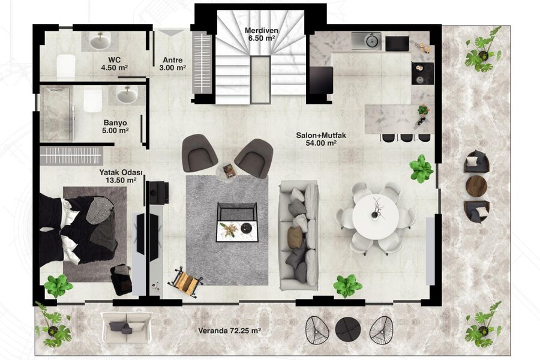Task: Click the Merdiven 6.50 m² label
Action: pos(262,34)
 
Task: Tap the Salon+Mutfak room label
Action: pos(321,139)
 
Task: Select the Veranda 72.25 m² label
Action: pos(229,331)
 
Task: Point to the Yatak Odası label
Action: pos(121,176)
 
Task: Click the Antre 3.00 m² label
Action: pos(173,64)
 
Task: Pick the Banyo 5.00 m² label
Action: pos(115,127)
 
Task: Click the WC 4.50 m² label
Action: pos(114,64)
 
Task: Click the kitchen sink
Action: pos(367,41)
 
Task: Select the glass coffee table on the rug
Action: pos(237,223)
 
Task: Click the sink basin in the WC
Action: pos(100,41)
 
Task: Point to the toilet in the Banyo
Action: pos(92,100)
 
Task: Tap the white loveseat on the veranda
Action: pos(127,328)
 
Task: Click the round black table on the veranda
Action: pos(348,329)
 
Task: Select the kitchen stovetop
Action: pos(422,73)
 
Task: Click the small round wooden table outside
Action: pos(476,186)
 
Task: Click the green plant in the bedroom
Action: pos(58,285)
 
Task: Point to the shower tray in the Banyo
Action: pos(57,113)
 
